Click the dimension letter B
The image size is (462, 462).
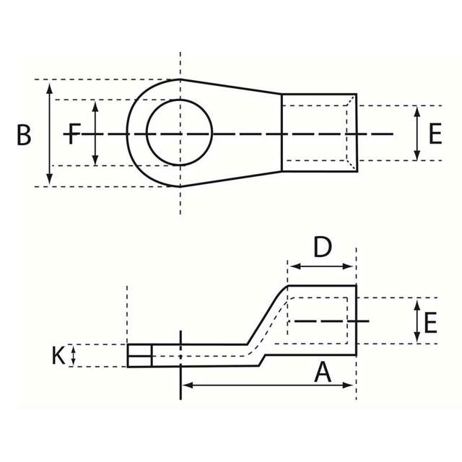(x=25, y=135)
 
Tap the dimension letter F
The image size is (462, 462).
(x=73, y=134)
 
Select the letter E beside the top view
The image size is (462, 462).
(x=434, y=134)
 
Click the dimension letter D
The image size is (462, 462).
(x=322, y=247)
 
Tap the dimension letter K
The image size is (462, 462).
(x=58, y=355)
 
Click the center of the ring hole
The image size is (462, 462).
(x=180, y=134)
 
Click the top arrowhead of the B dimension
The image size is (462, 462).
(x=49, y=87)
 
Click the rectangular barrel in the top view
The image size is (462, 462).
(x=318, y=133)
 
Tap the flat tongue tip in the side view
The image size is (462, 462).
(x=140, y=355)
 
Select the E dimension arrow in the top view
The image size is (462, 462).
(x=417, y=134)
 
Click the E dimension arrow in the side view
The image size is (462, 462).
(x=417, y=322)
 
